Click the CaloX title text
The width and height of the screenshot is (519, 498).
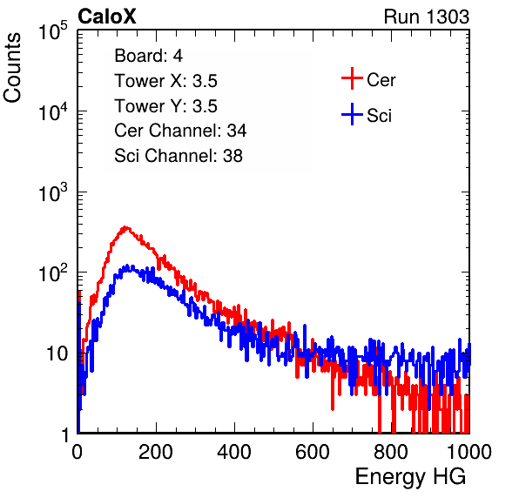106,17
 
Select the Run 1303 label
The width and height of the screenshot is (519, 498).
427,17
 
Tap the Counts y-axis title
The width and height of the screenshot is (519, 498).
12,68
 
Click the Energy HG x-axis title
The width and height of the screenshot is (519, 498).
410,477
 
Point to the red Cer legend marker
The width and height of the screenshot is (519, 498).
352,78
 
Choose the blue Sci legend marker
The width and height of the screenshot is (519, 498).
352,114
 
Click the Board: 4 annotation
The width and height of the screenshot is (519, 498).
148,56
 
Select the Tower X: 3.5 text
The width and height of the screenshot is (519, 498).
165,81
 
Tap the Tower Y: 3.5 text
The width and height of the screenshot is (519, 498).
165,106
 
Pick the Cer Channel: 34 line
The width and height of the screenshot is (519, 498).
180,131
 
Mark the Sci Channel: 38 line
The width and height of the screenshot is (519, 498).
179,156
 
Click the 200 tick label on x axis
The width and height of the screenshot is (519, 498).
156,452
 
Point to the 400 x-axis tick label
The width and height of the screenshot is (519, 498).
234,452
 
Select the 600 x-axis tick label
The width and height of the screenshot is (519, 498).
313,452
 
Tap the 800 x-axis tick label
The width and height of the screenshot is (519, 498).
391,452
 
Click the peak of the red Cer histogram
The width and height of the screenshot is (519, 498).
125,227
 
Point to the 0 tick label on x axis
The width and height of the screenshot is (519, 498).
78,452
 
